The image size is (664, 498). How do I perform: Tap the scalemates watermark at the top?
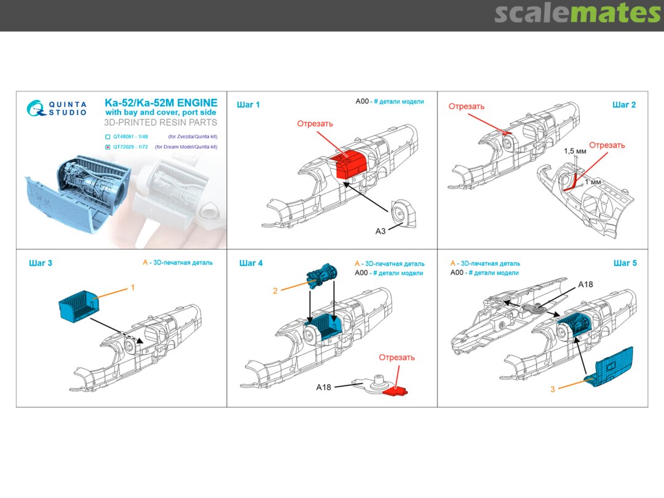click(577, 14)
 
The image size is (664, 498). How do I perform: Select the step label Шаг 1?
click(248, 105)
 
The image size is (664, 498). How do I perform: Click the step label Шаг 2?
click(624, 105)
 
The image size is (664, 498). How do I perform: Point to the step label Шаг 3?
click(41, 263)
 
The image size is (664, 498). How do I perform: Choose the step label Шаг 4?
click(251, 263)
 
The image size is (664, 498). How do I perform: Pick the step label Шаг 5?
click(625, 263)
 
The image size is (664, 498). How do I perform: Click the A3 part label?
click(381, 231)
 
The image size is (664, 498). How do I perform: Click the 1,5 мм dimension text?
click(575, 151)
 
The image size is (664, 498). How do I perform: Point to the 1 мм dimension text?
click(592, 182)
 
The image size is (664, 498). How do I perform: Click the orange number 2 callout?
click(275, 290)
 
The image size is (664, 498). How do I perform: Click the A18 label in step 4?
click(324, 387)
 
